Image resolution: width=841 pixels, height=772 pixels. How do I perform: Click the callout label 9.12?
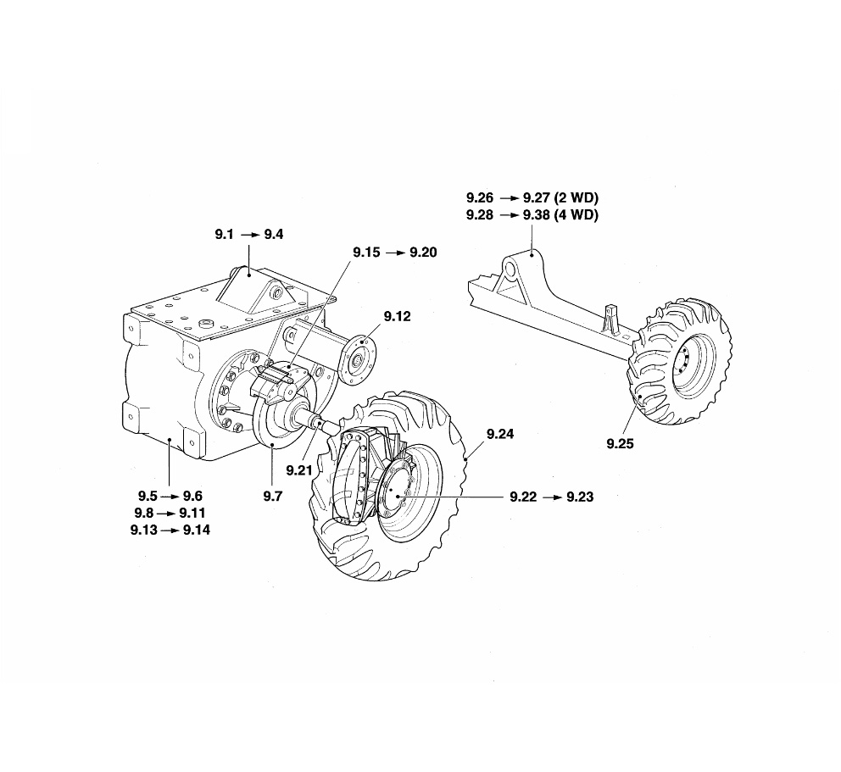tap(397, 317)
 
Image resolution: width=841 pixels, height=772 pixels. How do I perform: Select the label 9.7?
tap(271, 497)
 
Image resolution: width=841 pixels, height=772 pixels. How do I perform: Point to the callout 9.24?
tap(500, 434)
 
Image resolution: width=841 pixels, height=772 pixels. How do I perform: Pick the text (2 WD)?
tap(576, 197)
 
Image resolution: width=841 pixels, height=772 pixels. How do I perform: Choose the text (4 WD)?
tap(576, 215)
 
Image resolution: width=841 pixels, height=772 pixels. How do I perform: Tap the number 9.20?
tap(423, 253)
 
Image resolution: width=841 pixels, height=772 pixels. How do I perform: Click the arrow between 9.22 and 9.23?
tap(553, 497)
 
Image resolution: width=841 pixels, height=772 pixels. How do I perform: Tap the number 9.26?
tap(480, 197)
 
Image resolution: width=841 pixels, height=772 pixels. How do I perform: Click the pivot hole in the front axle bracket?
tap(513, 272)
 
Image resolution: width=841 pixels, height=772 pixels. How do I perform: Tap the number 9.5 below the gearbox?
tap(149, 497)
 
